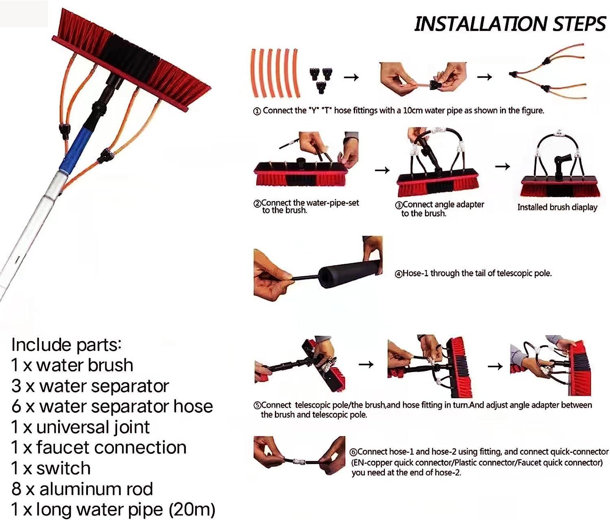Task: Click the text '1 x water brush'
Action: [72, 365]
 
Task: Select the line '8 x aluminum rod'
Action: [82, 489]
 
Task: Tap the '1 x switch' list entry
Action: [51, 468]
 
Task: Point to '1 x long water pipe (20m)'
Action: [113, 509]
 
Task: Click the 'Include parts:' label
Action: [66, 344]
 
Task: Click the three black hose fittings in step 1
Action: [321, 78]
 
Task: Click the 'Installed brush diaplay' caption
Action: [557, 207]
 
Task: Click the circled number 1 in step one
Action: [257, 111]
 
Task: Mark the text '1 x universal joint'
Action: [81, 427]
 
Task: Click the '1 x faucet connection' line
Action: [99, 447]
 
